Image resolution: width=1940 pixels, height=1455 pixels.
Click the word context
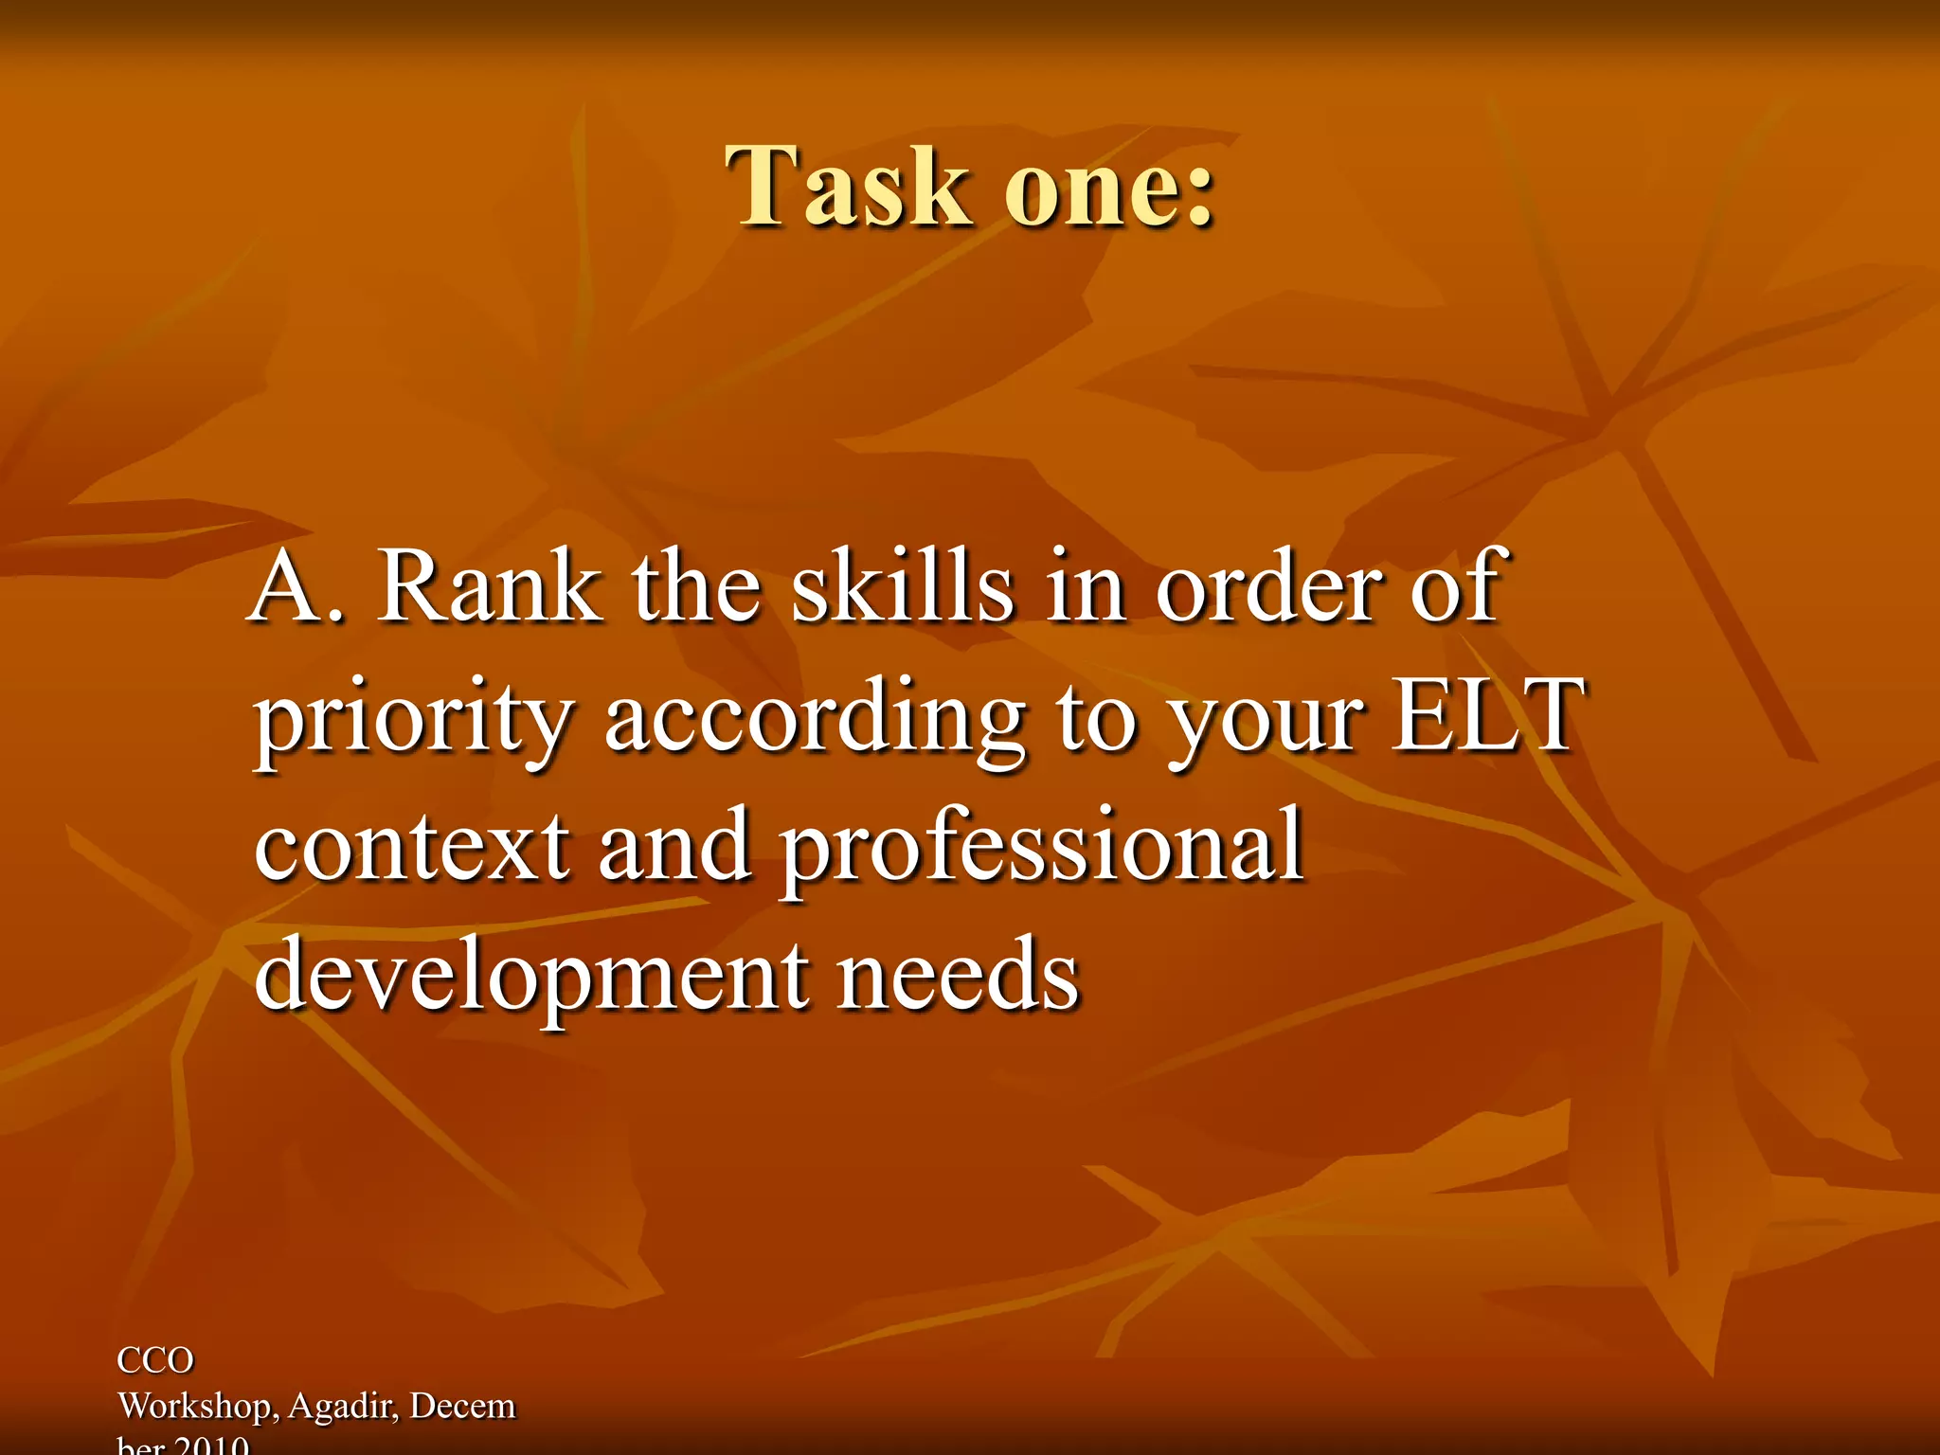pyautogui.click(x=412, y=845)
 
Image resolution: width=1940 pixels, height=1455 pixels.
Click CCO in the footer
pyautogui.click(x=155, y=1360)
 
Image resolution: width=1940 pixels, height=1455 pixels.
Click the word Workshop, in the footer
pyautogui.click(x=198, y=1407)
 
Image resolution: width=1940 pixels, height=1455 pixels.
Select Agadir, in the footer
pyautogui.click(x=344, y=1407)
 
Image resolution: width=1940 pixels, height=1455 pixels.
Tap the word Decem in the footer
pyautogui.click(x=462, y=1406)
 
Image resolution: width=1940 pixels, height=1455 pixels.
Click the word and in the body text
pyautogui.click(x=674, y=845)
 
